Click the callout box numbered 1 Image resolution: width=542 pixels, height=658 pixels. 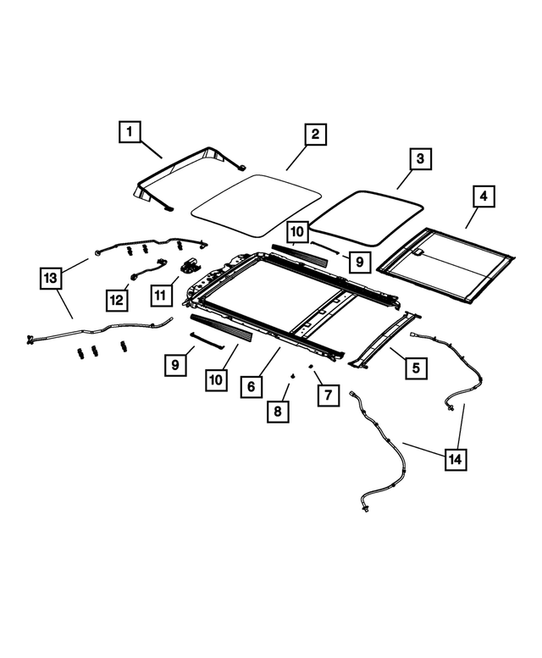tap(130, 132)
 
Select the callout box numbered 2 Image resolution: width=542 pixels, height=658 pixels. tap(314, 135)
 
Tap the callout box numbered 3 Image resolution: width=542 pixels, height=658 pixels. tap(419, 158)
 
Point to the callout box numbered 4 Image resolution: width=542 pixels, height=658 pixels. tap(483, 197)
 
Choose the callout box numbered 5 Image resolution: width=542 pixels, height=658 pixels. tap(416, 368)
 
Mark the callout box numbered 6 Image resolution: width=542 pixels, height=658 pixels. tap(252, 386)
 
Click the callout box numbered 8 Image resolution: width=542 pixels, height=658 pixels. tap(278, 412)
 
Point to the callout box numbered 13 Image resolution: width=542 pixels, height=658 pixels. tap(52, 277)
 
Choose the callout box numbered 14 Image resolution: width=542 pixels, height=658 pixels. tap(456, 460)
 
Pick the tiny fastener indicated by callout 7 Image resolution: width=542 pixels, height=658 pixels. tap(311, 367)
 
